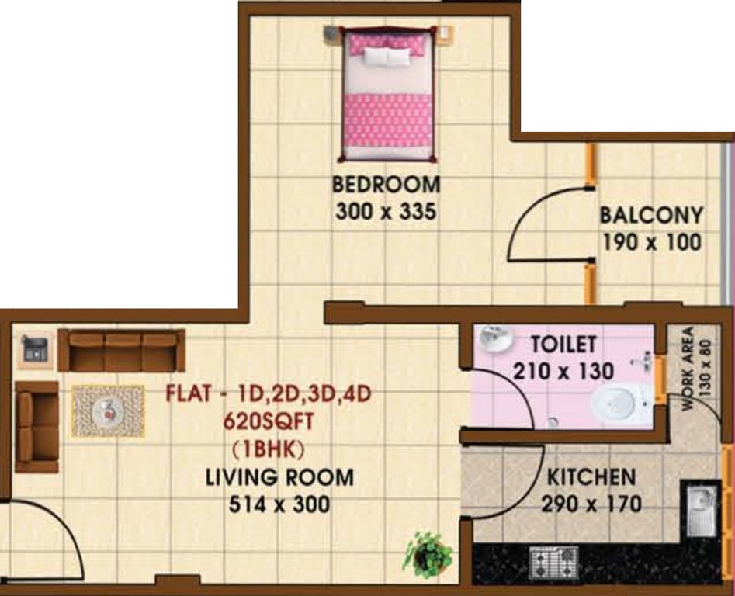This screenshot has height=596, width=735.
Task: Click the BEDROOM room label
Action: coord(386,185)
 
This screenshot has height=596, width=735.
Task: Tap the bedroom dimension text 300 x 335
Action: coord(386,212)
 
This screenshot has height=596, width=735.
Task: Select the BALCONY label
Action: coord(651,215)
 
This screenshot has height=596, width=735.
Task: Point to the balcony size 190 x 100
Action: coord(651,242)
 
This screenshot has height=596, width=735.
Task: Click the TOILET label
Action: coord(563,344)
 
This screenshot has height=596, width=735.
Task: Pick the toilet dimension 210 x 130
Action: coord(563,371)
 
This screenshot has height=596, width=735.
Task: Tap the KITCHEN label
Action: coord(591,476)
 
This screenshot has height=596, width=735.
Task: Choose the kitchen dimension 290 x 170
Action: coord(591,504)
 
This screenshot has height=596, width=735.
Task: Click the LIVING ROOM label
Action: coord(279,477)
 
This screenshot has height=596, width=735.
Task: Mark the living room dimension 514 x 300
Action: coord(279,504)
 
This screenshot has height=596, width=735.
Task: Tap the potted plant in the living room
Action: coord(428,554)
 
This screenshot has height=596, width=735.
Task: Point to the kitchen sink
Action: coord(701,509)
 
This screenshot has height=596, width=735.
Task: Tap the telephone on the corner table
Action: coord(34,347)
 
